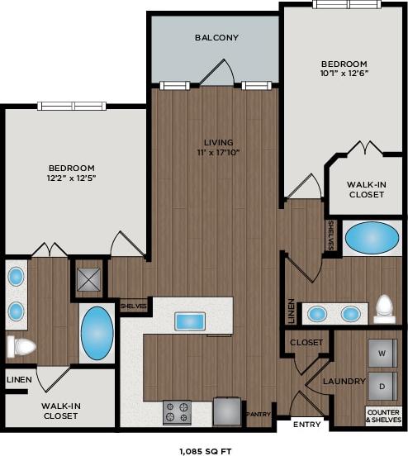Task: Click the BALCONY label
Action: click(x=216, y=37)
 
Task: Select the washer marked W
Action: click(x=381, y=354)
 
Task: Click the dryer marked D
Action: click(x=381, y=386)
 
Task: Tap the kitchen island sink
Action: click(x=190, y=321)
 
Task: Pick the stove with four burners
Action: click(x=177, y=411)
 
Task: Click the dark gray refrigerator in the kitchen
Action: click(x=226, y=411)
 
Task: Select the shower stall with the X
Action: click(x=88, y=278)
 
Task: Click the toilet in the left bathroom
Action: click(x=21, y=345)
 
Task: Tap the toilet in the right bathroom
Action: click(x=384, y=308)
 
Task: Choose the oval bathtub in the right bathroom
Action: click(x=371, y=238)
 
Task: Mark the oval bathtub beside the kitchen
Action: click(x=97, y=333)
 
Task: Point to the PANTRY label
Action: click(x=258, y=414)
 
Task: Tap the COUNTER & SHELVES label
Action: click(x=383, y=416)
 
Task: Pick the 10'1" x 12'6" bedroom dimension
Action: click(x=344, y=73)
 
